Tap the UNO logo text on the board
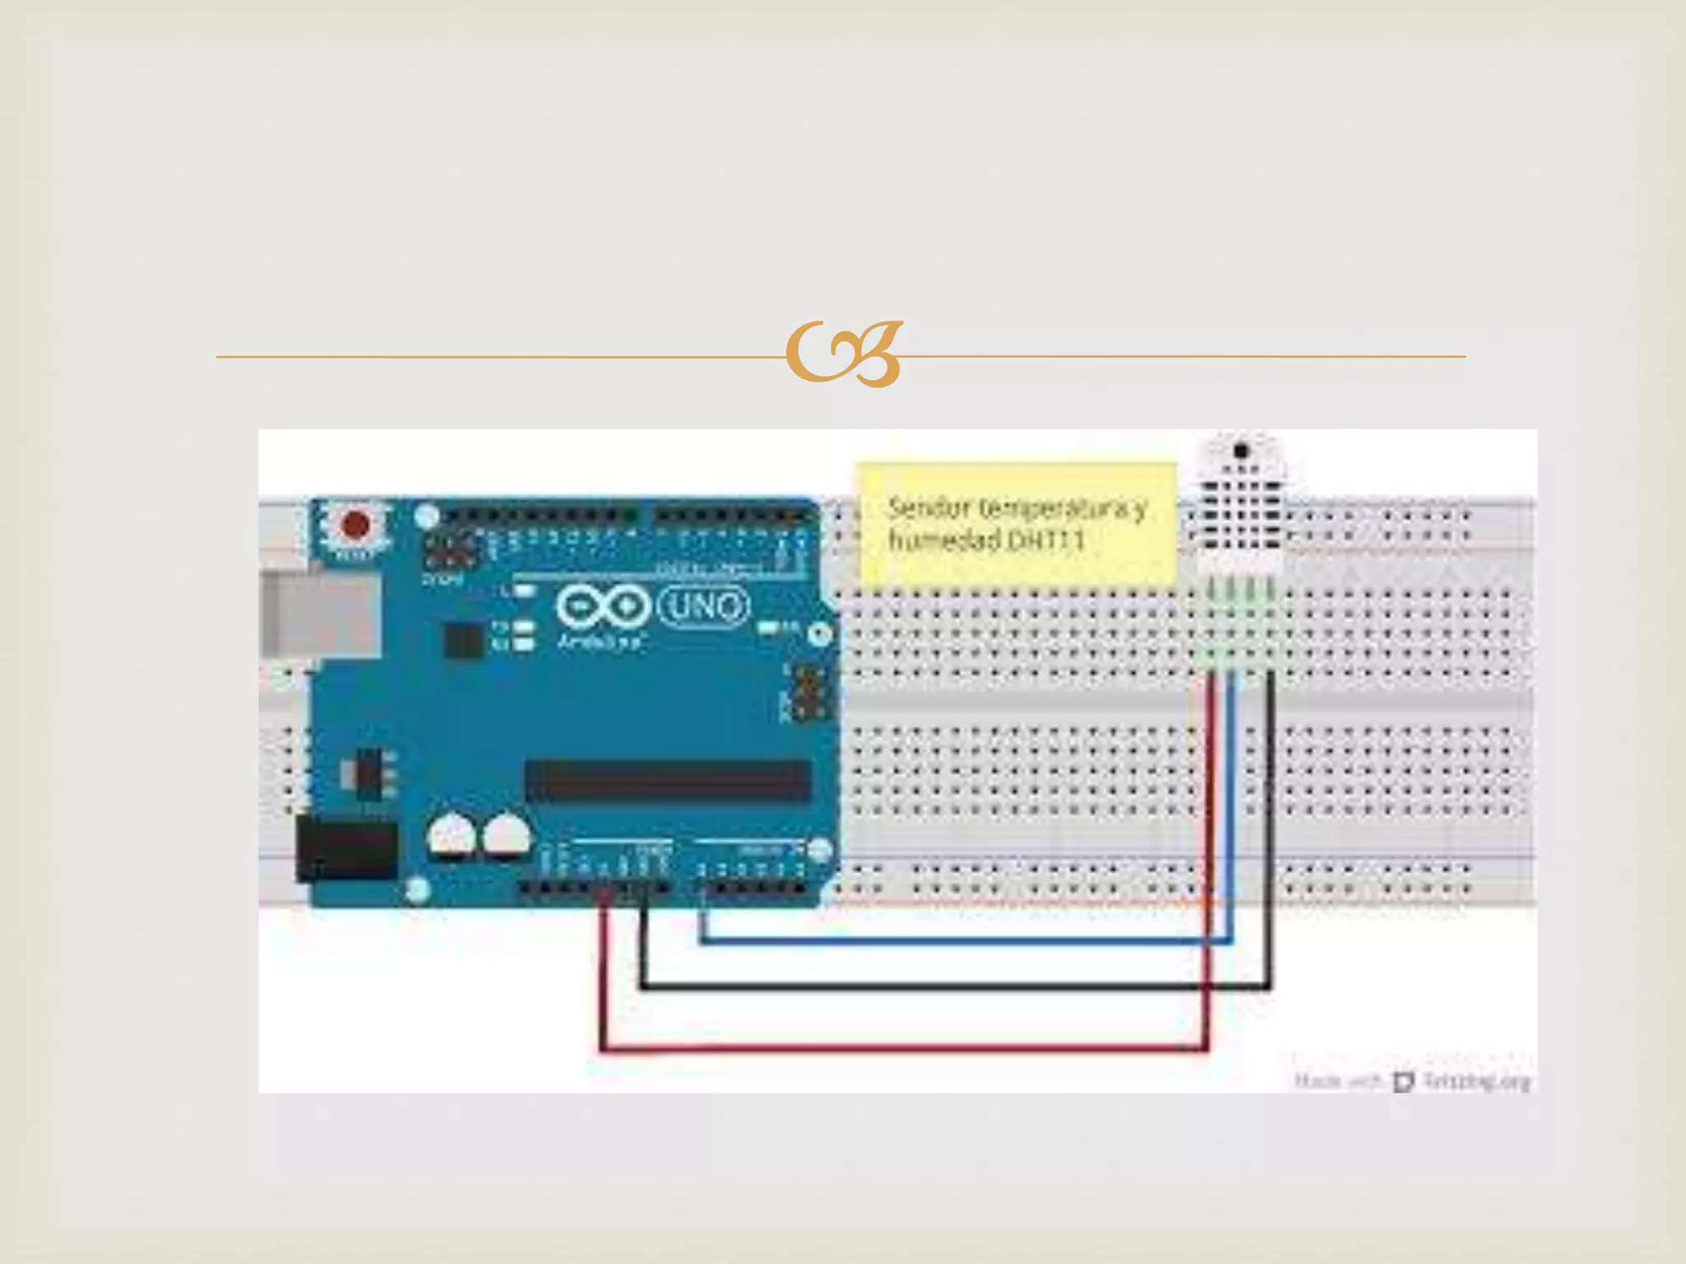[x=705, y=607]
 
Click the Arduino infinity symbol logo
[x=599, y=607]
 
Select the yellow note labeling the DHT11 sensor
[x=1018, y=524]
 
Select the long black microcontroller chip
[x=668, y=780]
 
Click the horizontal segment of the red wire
[x=906, y=1048]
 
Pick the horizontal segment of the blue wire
[x=963, y=941]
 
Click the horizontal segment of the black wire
[x=955, y=984]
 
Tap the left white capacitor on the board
[x=452, y=837]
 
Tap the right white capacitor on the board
[x=505, y=837]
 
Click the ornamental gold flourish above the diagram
[x=844, y=355]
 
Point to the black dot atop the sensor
[x=1241, y=450]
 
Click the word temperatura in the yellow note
[x=1055, y=509]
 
